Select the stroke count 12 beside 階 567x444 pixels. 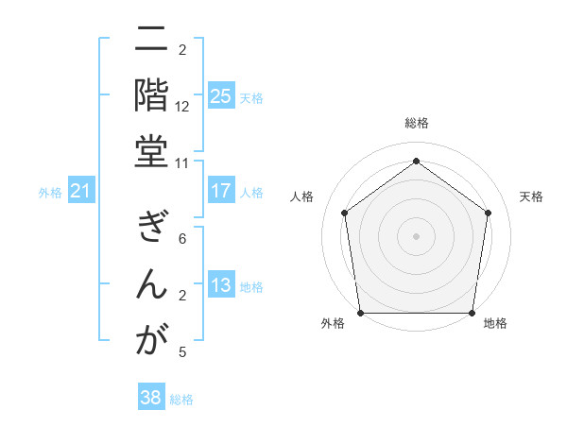point(182,107)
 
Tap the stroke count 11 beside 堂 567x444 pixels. point(182,162)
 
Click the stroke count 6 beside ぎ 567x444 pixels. point(182,239)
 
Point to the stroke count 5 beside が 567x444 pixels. point(182,352)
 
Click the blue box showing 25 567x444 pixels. point(220,96)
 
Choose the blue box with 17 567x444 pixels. point(220,191)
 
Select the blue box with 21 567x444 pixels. point(80,192)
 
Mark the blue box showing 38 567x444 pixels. point(150,399)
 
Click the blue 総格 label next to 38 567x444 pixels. point(182,400)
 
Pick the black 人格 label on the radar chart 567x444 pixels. point(302,196)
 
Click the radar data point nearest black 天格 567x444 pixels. point(488,213)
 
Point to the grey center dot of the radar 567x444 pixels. point(416,235)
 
